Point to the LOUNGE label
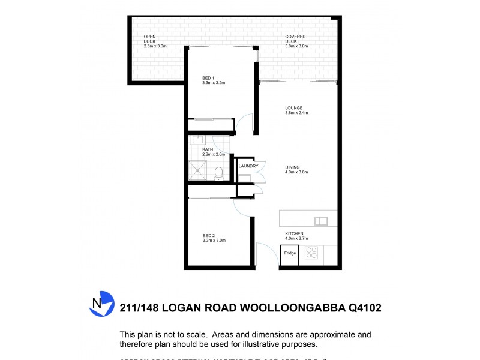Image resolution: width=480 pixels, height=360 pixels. [293, 108]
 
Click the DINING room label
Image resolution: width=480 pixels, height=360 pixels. [292, 167]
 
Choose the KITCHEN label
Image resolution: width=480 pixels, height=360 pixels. [294, 233]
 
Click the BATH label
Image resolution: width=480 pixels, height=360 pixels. [208, 149]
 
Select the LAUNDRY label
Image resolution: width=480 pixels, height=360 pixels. [248, 166]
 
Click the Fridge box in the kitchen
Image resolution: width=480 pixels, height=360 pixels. [290, 253]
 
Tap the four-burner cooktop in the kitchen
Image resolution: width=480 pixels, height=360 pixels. [311, 253]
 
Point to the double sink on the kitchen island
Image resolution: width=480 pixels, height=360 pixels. [321, 220]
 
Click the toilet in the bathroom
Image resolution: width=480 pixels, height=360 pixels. [218, 173]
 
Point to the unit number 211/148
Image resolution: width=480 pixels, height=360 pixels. [142, 308]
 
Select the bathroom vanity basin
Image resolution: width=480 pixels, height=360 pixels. [196, 140]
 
